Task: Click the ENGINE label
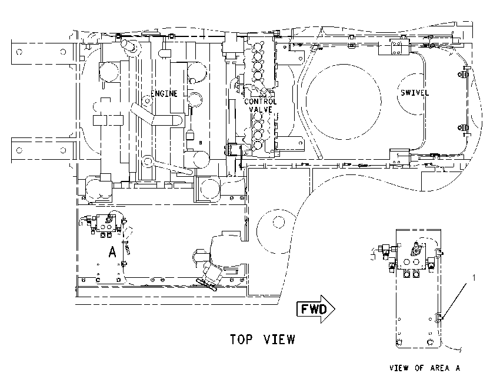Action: click(x=164, y=93)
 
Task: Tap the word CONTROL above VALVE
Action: click(x=261, y=102)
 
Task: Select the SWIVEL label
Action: click(x=415, y=93)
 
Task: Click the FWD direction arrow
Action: click(x=316, y=309)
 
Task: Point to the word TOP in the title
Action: click(x=241, y=339)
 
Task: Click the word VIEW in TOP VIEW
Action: click(x=279, y=339)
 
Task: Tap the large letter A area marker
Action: click(x=112, y=251)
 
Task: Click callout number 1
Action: click(x=474, y=278)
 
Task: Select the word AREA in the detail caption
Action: click(x=440, y=368)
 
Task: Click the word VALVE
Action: click(x=261, y=109)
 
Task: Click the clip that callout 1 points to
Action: click(x=439, y=317)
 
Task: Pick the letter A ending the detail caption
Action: click(x=458, y=368)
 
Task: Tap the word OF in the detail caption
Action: click(x=419, y=368)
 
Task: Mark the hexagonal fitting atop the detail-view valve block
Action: click(x=416, y=250)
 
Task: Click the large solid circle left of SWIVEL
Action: click(x=344, y=102)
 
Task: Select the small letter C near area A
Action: click(x=98, y=280)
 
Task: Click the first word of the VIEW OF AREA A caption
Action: click(x=399, y=368)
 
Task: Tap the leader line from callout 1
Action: click(x=456, y=300)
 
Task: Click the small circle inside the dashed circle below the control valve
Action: click(x=279, y=223)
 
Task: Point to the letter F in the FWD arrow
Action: click(x=305, y=309)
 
